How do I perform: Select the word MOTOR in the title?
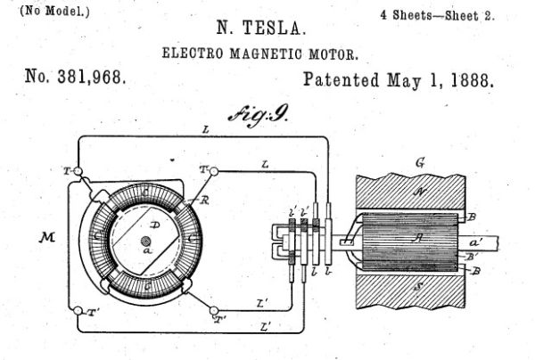[333, 53]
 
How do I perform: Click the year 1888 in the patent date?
[473, 80]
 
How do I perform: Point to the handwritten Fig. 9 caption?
[259, 115]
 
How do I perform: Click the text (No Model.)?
[54, 12]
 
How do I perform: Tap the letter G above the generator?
[420, 163]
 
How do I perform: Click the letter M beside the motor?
[46, 237]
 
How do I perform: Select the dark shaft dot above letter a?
[146, 241]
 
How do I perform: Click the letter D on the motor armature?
[155, 225]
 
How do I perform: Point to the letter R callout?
[204, 200]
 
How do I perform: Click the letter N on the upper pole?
[419, 192]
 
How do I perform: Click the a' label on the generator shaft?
[476, 242]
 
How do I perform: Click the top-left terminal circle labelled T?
[78, 171]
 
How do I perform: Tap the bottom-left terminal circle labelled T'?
[78, 311]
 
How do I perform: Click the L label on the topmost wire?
[205, 129]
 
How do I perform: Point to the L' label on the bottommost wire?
[266, 328]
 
